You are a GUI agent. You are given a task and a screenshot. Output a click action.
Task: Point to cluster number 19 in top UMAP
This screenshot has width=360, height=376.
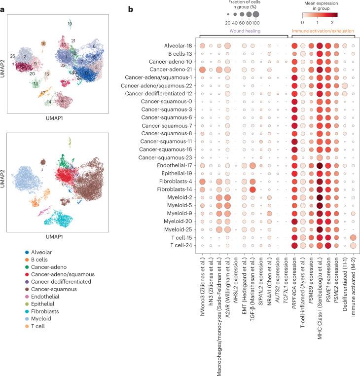(70, 24)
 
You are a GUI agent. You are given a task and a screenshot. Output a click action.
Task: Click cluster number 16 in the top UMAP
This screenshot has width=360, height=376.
(43, 44)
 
